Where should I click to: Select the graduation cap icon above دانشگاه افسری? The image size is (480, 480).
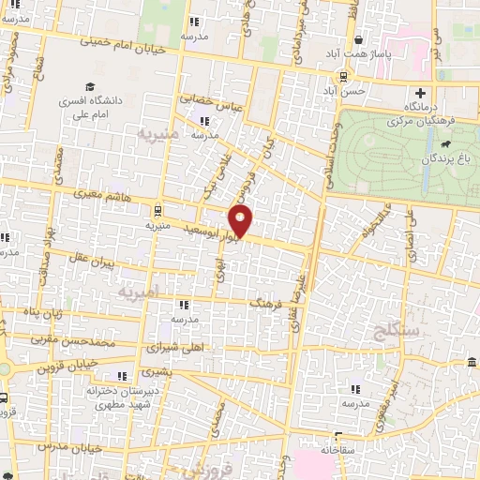pyautogui.click(x=88, y=84)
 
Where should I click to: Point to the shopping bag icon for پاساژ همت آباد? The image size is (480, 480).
pyautogui.click(x=360, y=39)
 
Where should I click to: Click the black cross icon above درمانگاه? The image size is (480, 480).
pyautogui.click(x=421, y=93)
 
